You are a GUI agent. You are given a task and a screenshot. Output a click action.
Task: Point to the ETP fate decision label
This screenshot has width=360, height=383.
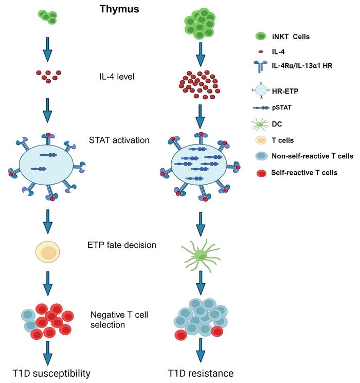coord(122,245)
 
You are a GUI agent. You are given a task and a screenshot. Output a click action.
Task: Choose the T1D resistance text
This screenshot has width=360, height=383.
coord(201,373)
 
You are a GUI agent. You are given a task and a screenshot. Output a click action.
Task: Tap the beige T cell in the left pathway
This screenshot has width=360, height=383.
coord(48,252)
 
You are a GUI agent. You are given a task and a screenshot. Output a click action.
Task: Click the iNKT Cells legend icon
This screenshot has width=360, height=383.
coord(261,36)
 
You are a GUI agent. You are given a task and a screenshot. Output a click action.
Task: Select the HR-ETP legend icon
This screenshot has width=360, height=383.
coord(261,90)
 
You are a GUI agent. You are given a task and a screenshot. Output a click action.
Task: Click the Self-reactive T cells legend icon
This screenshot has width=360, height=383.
coord(261,173)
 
